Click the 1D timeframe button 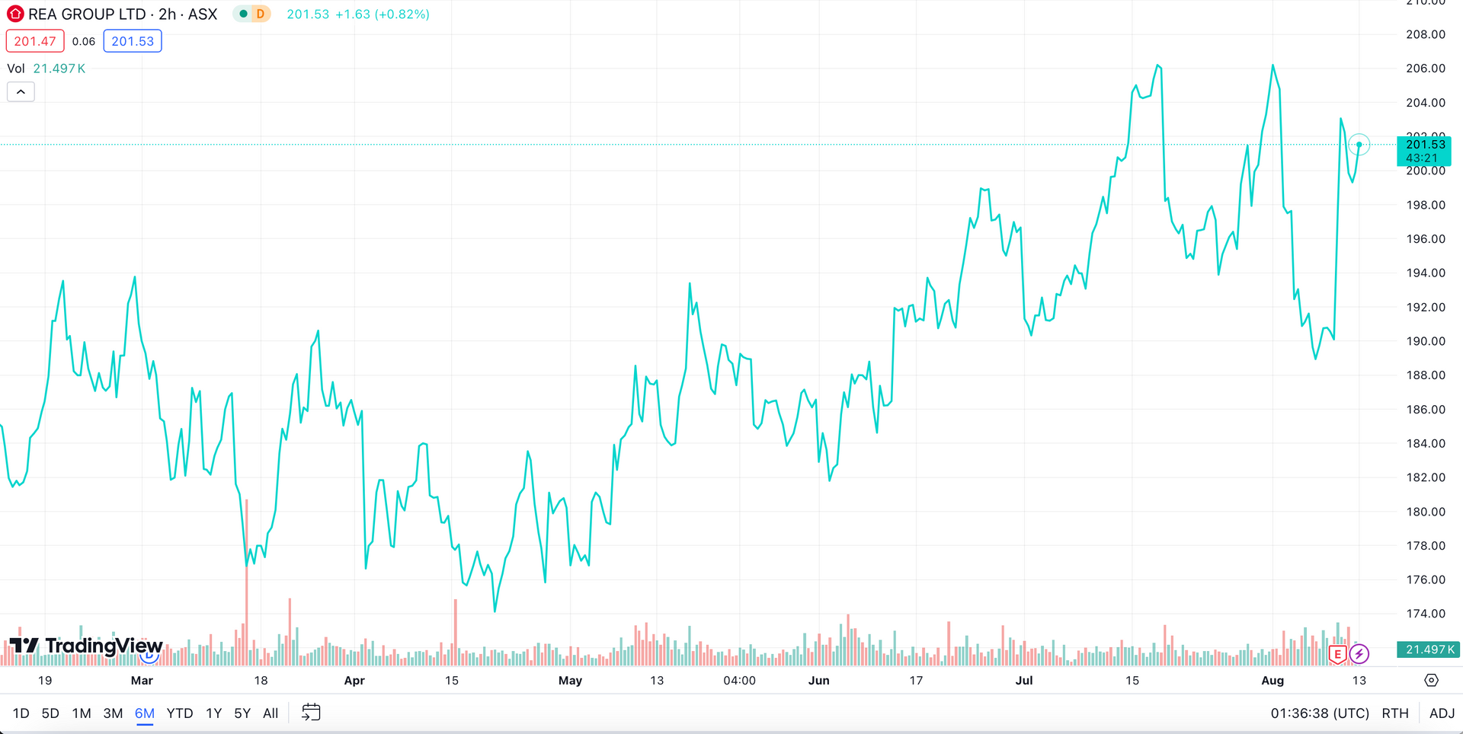21,713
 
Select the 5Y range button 242,713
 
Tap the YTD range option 180,713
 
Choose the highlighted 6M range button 144,713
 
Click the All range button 271,713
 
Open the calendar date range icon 311,713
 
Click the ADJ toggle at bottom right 1442,713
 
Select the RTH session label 1395,713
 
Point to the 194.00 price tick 1426,273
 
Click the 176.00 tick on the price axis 1426,579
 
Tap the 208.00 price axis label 1426,34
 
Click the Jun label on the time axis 818,681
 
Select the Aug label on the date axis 1273,681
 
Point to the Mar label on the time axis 142,681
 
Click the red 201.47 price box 35,41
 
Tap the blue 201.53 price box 133,41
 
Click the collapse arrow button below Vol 21,92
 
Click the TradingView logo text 104,646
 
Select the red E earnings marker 1337,654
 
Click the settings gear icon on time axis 1431,681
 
